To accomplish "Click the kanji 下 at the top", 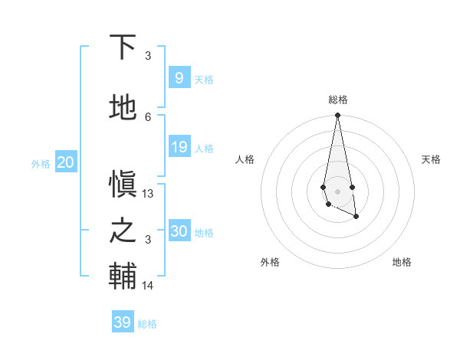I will [x=123, y=47].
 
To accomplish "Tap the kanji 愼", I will [x=123, y=184].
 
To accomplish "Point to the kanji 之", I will [x=123, y=231].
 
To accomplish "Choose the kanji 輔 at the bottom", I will [x=123, y=277].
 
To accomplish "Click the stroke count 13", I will [x=148, y=194].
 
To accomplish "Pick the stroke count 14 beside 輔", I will [x=148, y=286].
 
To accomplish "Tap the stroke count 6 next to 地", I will [x=148, y=116].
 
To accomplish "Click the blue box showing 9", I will [x=179, y=78].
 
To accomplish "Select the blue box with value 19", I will [x=179, y=147].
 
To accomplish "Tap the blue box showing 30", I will [x=179, y=231].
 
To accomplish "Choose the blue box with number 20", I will [x=65, y=162].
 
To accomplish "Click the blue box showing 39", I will [x=122, y=322].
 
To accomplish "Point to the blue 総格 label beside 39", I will [x=147, y=324].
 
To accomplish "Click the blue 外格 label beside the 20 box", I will [x=41, y=163].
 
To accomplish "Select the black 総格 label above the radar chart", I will [x=337, y=100].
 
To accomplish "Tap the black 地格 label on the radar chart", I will [x=402, y=262].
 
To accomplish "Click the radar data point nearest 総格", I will [x=337, y=116].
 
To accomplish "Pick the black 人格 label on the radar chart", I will [x=245, y=159].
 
